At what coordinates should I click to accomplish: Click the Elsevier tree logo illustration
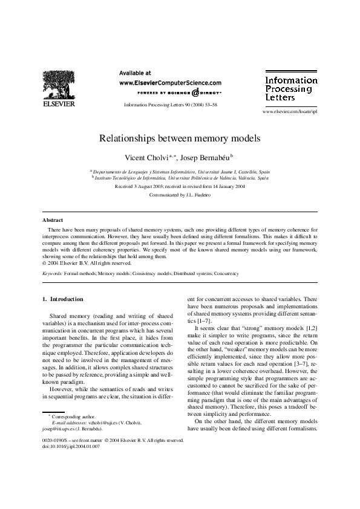[59, 83]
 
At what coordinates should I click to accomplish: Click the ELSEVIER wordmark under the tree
[59, 104]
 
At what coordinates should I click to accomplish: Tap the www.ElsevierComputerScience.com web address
[170, 83]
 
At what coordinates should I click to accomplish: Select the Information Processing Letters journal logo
[291, 88]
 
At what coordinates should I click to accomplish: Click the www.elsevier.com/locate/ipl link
[289, 112]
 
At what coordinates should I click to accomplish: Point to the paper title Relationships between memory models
[180, 138]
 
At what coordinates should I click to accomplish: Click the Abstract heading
[53, 220]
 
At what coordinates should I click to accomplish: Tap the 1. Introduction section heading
[63, 299]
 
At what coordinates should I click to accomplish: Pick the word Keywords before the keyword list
[52, 273]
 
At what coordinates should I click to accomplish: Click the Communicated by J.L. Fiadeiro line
[180, 195]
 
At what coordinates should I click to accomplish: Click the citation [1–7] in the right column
[196, 320]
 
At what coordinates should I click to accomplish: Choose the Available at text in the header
[136, 73]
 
